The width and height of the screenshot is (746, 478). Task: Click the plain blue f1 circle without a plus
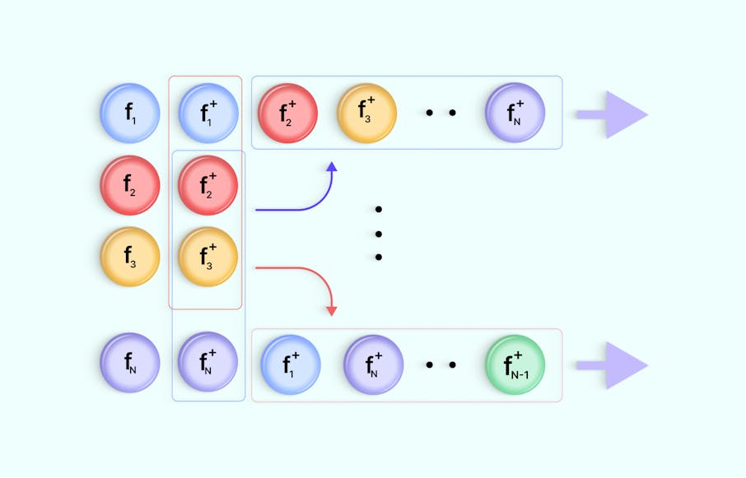point(130,114)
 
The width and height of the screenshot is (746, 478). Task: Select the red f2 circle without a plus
point(130,185)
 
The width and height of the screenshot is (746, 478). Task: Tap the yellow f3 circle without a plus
point(130,257)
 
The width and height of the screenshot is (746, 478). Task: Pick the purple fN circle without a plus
point(130,362)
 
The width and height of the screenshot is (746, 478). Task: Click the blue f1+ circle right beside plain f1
point(208,114)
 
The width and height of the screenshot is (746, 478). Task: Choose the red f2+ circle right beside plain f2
point(208,185)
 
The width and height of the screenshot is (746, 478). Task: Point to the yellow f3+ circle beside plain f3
point(208,257)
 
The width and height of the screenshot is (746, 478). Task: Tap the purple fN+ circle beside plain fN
point(208,362)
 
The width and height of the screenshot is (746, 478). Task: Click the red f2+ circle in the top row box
point(288,114)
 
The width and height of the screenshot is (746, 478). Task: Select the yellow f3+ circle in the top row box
point(367,114)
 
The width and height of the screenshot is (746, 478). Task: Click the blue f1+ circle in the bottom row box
point(291,364)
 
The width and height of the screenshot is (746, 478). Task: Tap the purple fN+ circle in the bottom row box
point(374,364)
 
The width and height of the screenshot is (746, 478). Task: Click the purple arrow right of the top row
point(613,114)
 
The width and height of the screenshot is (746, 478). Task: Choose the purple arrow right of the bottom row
point(613,364)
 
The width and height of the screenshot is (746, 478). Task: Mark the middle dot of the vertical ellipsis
point(379,233)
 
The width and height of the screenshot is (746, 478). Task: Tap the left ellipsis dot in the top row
point(430,114)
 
